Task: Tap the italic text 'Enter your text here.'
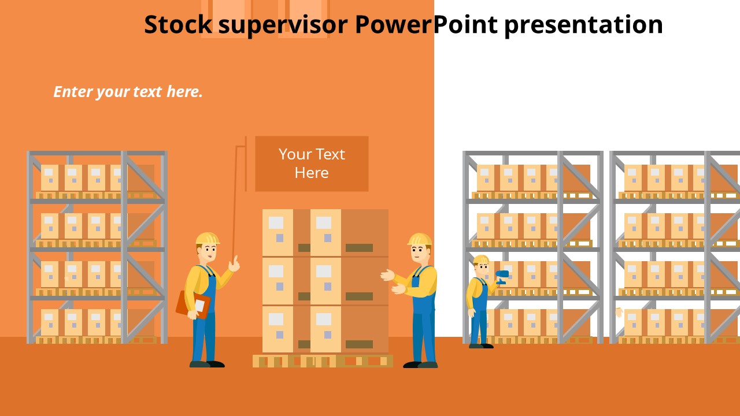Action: (x=128, y=92)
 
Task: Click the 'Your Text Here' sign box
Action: (x=312, y=164)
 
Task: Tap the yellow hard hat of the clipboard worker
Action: (x=207, y=238)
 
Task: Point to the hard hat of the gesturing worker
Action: (x=420, y=239)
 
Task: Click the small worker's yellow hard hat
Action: (x=481, y=259)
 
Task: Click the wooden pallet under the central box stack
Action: (x=323, y=361)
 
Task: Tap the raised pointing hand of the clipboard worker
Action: (x=234, y=264)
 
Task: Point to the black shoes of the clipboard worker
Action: (x=207, y=364)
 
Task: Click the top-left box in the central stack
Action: (x=277, y=232)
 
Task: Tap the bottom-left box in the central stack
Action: (x=277, y=329)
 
